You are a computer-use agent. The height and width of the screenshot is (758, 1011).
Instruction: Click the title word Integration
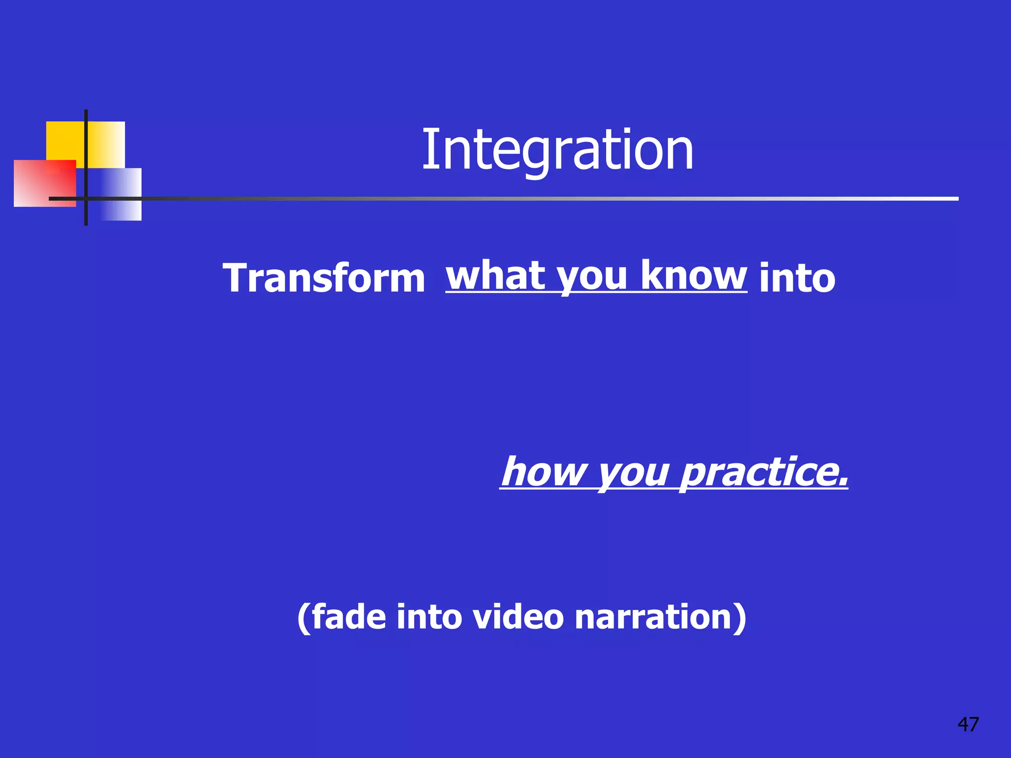557,150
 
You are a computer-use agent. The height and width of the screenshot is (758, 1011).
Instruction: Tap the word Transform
324,278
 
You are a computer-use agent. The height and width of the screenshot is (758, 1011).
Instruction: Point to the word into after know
797,278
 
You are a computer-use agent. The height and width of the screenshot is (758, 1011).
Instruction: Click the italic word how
543,471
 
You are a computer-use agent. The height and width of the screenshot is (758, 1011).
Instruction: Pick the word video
518,617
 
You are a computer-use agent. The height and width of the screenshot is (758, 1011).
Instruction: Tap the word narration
654,617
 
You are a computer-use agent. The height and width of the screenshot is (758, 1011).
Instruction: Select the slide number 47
968,724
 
